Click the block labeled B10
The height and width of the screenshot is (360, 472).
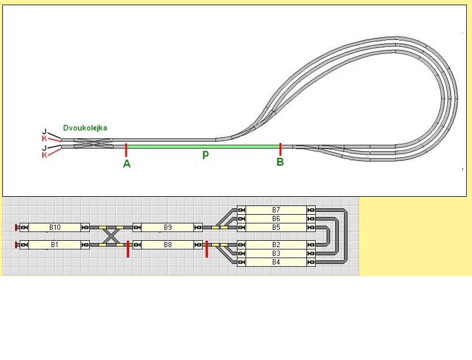point(55,227)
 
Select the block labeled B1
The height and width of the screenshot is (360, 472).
point(55,245)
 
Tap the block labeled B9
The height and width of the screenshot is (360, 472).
point(168,227)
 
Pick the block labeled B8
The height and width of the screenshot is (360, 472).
point(168,245)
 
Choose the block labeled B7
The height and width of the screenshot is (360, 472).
point(276,210)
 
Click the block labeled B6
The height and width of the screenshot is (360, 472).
point(276,219)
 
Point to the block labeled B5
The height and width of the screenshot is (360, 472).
point(276,227)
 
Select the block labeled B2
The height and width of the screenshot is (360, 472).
point(276,245)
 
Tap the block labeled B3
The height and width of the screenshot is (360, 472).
point(276,254)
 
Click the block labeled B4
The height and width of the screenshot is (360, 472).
point(276,262)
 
